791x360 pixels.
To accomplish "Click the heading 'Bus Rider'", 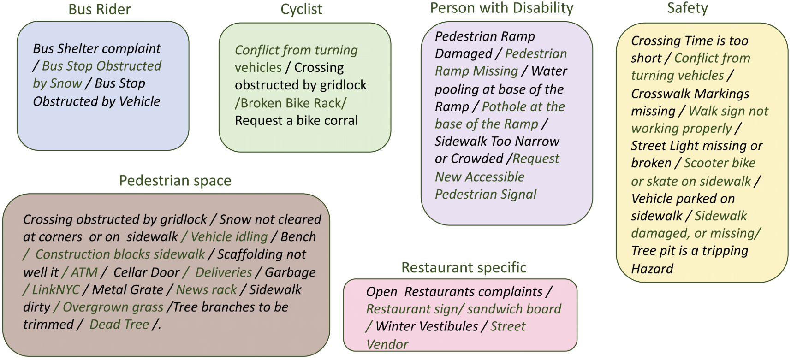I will click(x=99, y=9).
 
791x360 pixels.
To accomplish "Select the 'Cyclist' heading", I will click(x=301, y=9).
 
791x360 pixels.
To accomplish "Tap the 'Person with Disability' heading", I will click(x=501, y=8).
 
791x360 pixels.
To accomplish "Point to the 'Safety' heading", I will click(x=687, y=8).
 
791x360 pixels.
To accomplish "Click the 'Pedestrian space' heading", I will click(x=175, y=181).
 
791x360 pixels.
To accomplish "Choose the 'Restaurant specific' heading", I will click(x=464, y=267).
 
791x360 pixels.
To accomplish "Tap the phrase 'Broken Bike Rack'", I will click(x=291, y=103).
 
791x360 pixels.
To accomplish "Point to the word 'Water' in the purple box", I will click(x=549, y=71).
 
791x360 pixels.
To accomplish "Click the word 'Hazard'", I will click(x=652, y=269).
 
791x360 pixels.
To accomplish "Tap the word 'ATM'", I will click(x=84, y=272).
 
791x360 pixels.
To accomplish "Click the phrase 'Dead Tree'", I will click(x=119, y=325).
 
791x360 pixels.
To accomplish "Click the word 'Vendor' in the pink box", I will click(x=387, y=345).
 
